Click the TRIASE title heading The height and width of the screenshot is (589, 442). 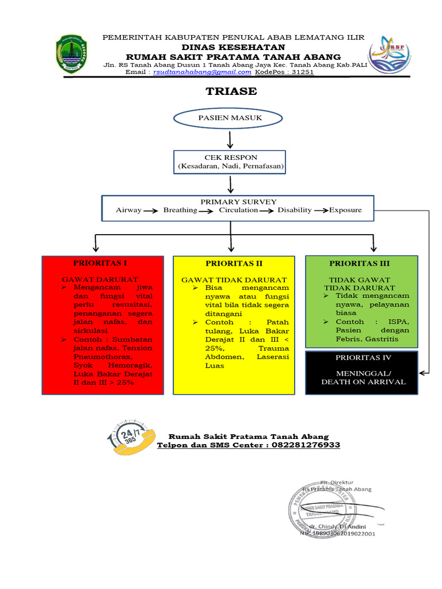click(231, 91)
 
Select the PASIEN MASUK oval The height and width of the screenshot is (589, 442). click(230, 118)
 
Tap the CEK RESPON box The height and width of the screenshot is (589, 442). click(230, 162)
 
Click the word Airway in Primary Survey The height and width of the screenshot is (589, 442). click(128, 211)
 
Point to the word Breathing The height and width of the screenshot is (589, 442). click(180, 211)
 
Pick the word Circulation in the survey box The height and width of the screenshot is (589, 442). click(238, 211)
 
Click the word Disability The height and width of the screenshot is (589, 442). click(295, 211)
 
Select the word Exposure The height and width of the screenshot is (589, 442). click(345, 211)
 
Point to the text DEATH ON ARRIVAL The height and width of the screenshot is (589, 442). click(363, 382)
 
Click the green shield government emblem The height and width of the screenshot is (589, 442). click(71, 54)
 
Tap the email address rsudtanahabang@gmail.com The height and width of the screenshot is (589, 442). click(201, 72)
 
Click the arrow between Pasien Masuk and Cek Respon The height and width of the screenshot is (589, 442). click(230, 139)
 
